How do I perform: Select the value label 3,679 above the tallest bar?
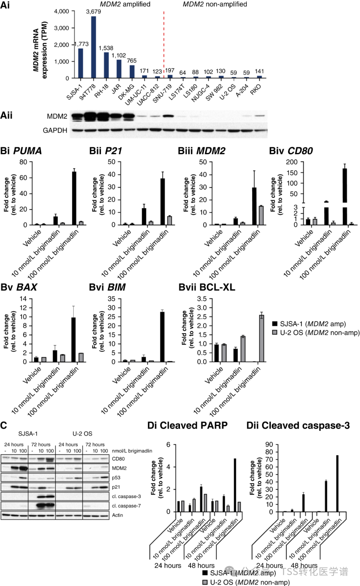tap(93, 12)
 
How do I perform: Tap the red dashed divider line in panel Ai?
tap(164, 43)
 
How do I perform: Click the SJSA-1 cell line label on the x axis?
tap(74, 93)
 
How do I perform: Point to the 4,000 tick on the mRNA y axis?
tap(62, 11)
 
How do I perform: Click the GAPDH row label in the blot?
tap(55, 130)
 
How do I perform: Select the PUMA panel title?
tap(27, 151)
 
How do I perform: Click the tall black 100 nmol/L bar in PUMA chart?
tap(74, 198)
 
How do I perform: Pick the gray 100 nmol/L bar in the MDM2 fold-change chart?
tap(261, 215)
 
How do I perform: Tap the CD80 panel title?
tap(300, 151)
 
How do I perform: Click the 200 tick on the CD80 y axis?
tap(292, 162)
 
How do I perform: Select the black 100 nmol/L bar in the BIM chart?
tap(162, 337)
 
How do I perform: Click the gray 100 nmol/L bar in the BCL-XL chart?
tap(262, 338)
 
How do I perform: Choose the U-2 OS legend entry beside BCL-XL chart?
tap(316, 333)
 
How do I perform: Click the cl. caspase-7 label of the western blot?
tap(126, 506)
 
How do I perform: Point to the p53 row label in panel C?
tap(116, 478)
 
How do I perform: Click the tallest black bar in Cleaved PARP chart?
tap(235, 485)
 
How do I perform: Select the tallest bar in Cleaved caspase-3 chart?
tap(337, 483)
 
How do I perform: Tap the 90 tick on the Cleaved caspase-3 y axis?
tap(269, 445)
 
